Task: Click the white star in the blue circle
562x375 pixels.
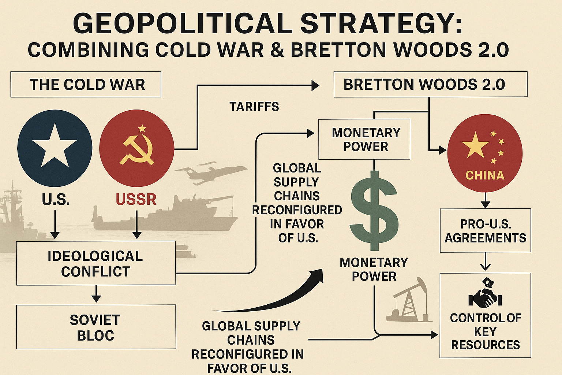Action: click(55, 146)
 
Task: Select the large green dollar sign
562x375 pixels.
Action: click(374, 211)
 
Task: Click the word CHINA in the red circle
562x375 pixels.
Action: click(485, 175)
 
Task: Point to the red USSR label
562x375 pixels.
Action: click(136, 200)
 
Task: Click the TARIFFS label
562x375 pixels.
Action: click(254, 107)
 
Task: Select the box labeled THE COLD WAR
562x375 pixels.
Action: click(86, 85)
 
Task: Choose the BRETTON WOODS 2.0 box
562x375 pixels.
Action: click(430, 85)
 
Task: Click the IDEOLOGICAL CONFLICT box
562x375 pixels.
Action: click(96, 264)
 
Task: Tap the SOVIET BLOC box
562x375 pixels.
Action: click(96, 327)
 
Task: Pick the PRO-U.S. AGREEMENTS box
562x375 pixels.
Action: click(485, 231)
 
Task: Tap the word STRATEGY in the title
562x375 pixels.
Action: click(381, 24)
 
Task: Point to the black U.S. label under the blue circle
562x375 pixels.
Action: click(56, 200)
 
